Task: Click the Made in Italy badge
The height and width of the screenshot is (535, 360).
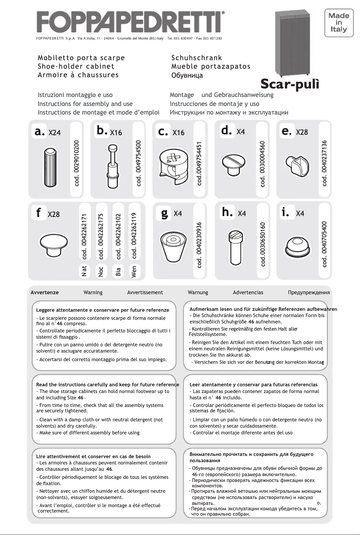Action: point(339,22)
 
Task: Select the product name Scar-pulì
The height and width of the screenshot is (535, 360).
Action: point(290,84)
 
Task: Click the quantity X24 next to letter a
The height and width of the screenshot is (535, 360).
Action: point(55,133)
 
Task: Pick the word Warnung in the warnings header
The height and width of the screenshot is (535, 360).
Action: point(198,292)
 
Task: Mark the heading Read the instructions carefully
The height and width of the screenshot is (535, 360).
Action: point(107,385)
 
